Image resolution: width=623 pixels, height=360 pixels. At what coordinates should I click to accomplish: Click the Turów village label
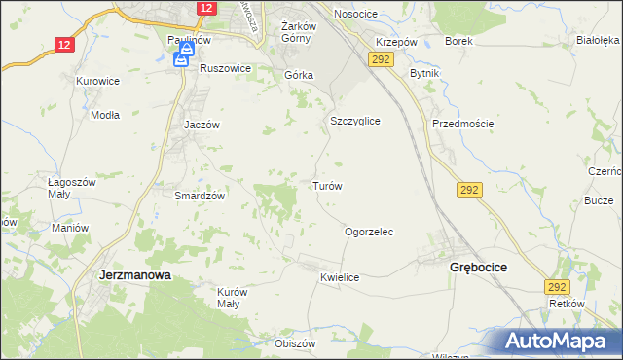(x=326, y=185)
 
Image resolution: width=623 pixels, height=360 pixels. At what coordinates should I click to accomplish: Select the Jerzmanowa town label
(x=135, y=275)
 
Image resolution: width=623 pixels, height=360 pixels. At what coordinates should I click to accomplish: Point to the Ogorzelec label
(x=369, y=233)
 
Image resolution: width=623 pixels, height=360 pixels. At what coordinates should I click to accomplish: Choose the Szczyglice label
(x=353, y=121)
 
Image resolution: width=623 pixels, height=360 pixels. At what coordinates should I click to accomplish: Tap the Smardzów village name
(x=200, y=195)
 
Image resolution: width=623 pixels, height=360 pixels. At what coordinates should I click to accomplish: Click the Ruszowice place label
(x=226, y=69)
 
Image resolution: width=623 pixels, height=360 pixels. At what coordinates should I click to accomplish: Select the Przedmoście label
(x=463, y=124)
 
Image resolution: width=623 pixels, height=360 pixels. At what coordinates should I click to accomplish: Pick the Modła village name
(x=104, y=114)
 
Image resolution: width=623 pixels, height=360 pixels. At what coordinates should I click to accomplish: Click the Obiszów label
(x=295, y=343)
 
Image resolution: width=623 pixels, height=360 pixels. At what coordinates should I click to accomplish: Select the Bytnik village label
(x=425, y=74)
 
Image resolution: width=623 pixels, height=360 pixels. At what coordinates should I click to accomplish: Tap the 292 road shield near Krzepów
(x=380, y=60)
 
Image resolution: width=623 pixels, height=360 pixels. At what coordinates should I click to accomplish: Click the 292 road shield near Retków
(x=557, y=287)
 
